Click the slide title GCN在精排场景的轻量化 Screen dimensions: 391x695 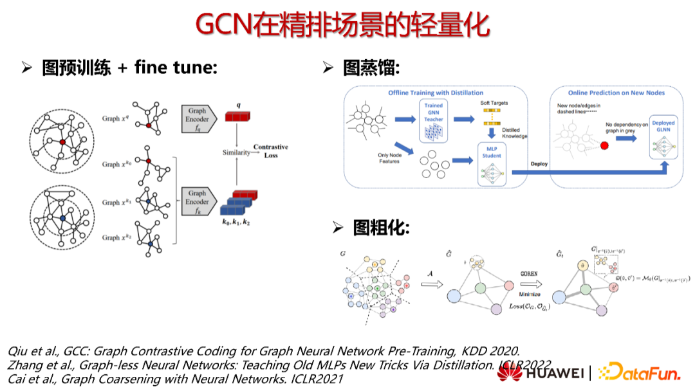342,26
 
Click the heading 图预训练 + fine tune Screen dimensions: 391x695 129,68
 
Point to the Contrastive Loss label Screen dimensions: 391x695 270,151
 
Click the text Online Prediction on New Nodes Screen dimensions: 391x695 616,93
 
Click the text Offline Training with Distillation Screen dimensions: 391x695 436,93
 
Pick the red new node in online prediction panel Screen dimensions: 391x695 604,146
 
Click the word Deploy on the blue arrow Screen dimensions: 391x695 539,164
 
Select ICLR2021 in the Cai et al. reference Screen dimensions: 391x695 316,379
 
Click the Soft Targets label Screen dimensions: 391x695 494,103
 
